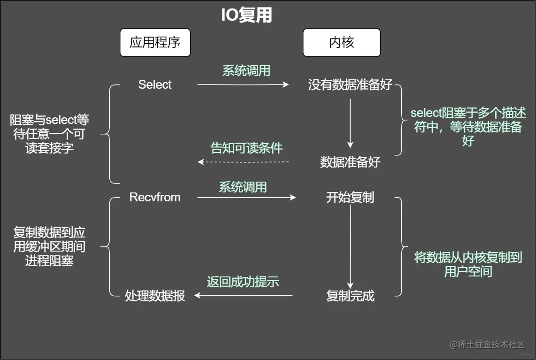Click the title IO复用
pyautogui.click(x=246, y=15)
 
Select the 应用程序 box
pyautogui.click(x=155, y=43)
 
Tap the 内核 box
pyautogui.click(x=341, y=43)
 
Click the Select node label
pyautogui.click(x=155, y=85)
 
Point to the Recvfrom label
pyautogui.click(x=155, y=198)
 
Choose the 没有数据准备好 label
pyautogui.click(x=350, y=85)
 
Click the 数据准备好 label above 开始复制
pyautogui.click(x=350, y=162)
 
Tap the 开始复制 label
pyautogui.click(x=350, y=198)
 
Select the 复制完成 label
pyautogui.click(x=350, y=296)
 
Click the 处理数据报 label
pyautogui.click(x=155, y=296)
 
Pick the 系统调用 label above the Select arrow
pyautogui.click(x=246, y=71)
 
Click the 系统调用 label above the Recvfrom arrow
pyautogui.click(x=243, y=187)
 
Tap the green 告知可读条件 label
pyautogui.click(x=246, y=148)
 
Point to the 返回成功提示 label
pyautogui.click(x=243, y=282)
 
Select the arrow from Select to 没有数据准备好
pyautogui.click(x=243, y=85)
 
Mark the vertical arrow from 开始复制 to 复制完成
pyautogui.click(x=350, y=246)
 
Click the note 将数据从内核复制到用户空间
pyautogui.click(x=468, y=264)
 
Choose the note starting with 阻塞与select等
pyautogui.click(x=49, y=134)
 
